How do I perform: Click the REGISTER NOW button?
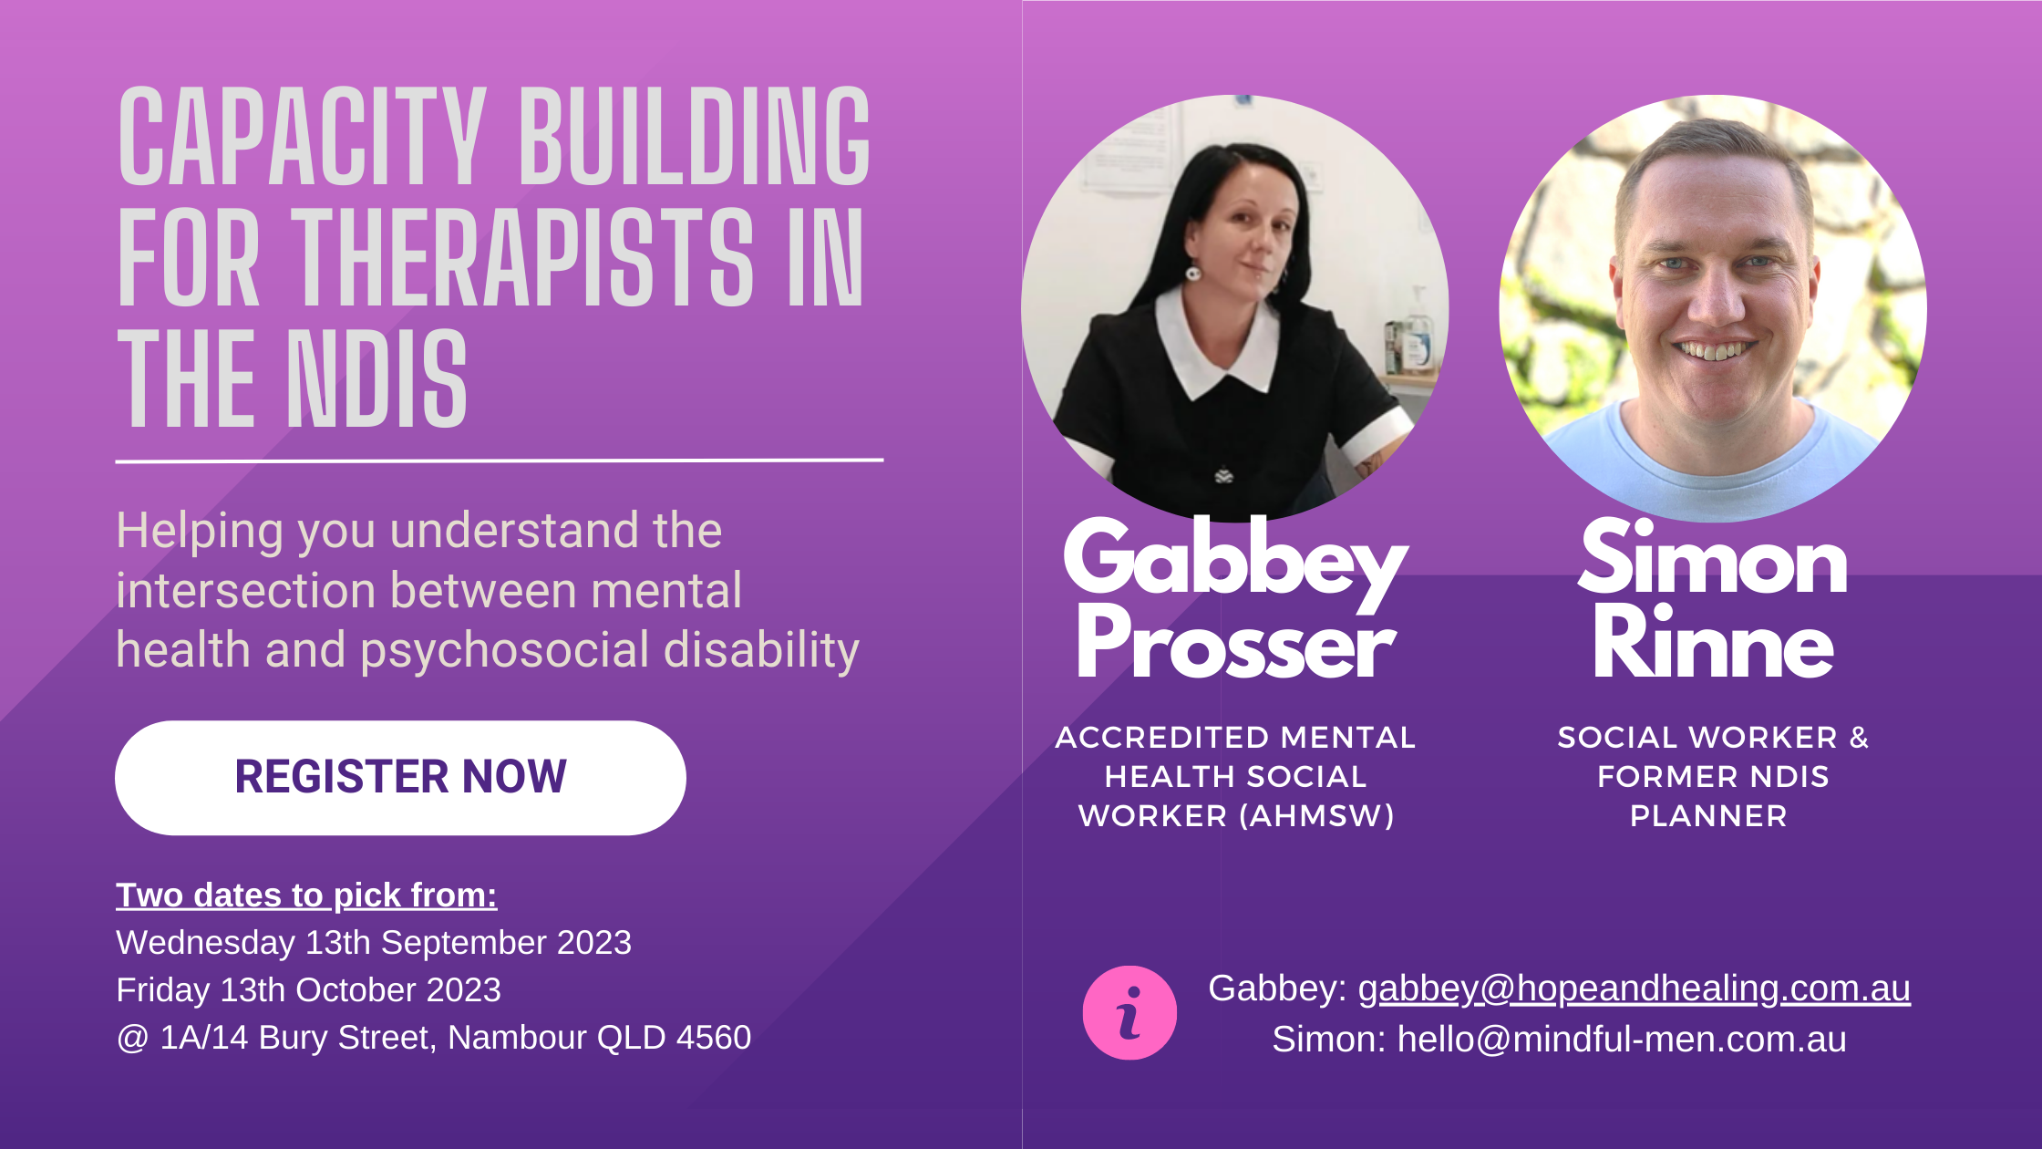tap(400, 778)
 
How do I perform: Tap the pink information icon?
tap(1129, 1012)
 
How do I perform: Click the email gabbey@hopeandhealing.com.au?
tap(1634, 989)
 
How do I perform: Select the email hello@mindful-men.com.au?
tap(1622, 1040)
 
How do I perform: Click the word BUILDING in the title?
tap(695, 137)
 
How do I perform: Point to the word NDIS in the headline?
tap(377, 379)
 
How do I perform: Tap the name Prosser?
tap(1236, 644)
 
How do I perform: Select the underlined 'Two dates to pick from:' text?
tap(306, 895)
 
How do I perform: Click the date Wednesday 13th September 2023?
tap(374, 943)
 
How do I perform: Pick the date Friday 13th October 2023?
tap(308, 990)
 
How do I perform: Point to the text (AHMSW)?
tap(1317, 816)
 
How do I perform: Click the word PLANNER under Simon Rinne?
tap(1708, 816)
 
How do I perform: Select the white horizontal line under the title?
tap(500, 461)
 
